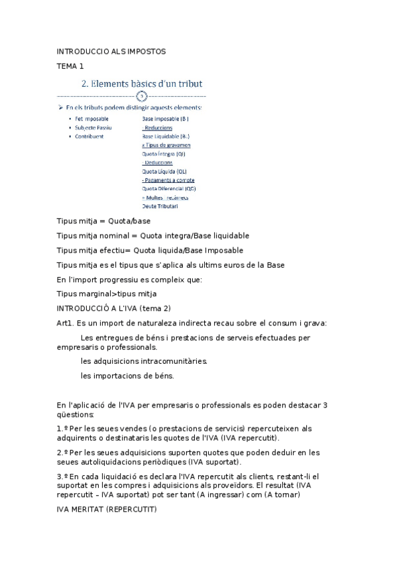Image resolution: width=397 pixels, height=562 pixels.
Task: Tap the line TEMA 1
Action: (70, 66)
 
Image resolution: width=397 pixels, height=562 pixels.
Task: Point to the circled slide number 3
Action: (141, 96)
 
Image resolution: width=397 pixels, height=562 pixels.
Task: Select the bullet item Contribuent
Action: (89, 136)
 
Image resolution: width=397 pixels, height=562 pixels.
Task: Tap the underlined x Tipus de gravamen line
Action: (166, 144)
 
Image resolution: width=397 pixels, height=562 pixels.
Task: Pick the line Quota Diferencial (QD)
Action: (168, 188)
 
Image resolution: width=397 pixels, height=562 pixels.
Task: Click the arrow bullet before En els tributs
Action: (60, 107)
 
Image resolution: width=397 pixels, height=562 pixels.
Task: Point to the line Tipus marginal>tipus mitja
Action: (107, 294)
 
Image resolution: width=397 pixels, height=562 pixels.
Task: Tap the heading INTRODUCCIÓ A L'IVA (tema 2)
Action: (114, 308)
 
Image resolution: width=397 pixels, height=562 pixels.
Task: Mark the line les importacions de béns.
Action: (127, 376)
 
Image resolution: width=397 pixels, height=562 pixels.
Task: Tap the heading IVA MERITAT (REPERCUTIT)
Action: (106, 510)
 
